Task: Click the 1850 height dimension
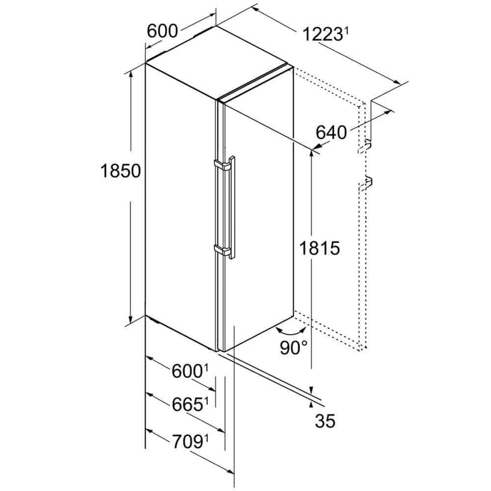(121, 171)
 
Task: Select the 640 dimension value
(331, 132)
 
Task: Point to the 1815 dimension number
(320, 248)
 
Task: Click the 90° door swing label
(294, 347)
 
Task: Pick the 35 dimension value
(325, 421)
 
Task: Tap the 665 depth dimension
(187, 404)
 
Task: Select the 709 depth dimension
(187, 442)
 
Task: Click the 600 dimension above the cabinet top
(162, 31)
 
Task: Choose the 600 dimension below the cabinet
(187, 371)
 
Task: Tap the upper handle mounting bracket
(222, 164)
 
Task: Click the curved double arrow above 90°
(291, 330)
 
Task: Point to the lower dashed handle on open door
(365, 183)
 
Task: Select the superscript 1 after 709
(206, 438)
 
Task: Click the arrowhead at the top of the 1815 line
(311, 154)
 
